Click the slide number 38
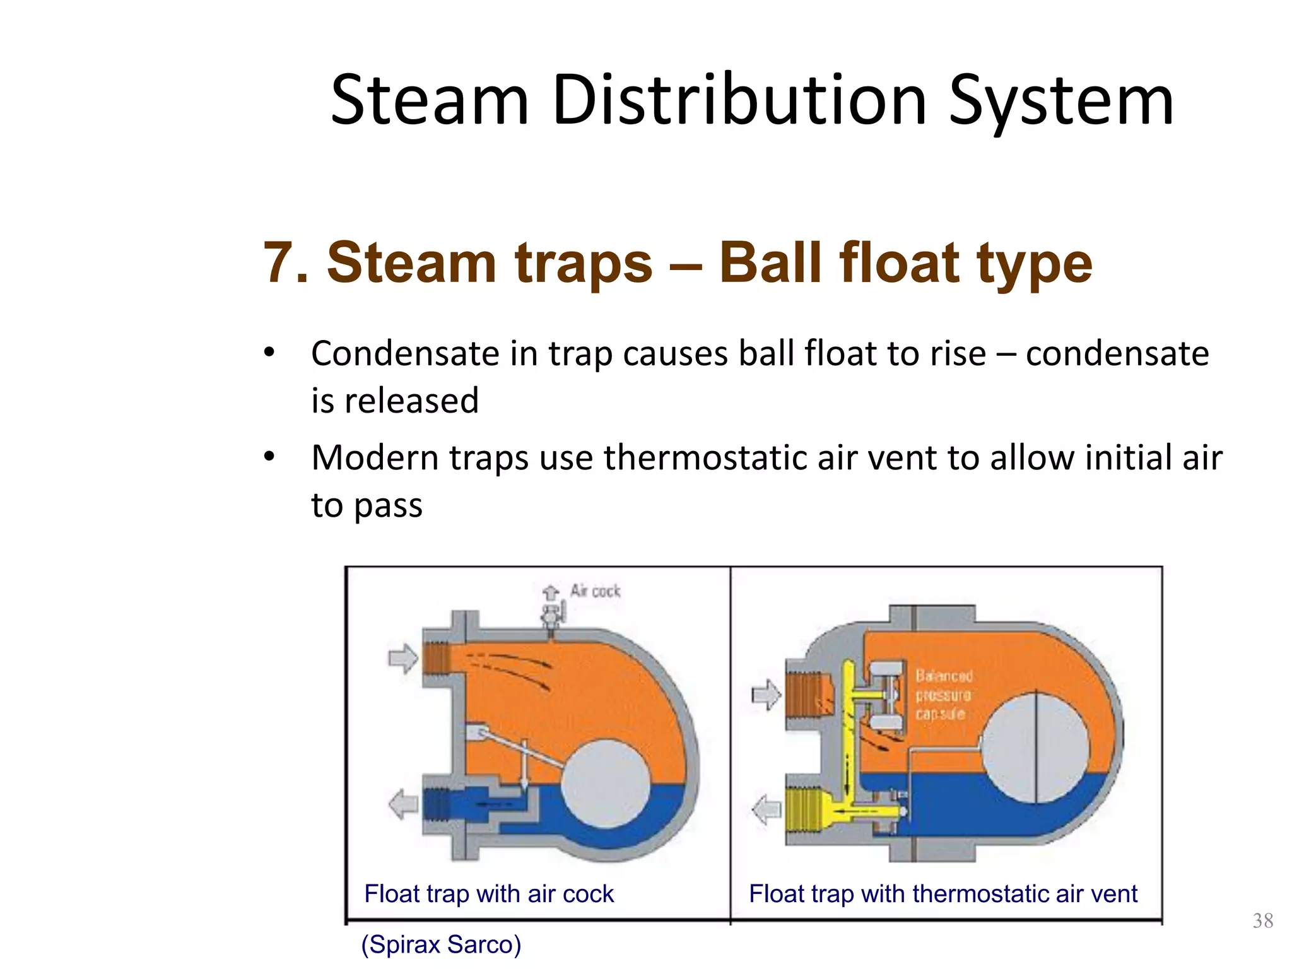click(1262, 920)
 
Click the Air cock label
click(595, 591)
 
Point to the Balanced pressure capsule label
click(943, 695)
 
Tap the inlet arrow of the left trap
click(403, 659)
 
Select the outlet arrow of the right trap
click(766, 809)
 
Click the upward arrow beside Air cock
click(551, 592)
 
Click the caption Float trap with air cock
click(489, 894)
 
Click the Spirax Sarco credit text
click(441, 944)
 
